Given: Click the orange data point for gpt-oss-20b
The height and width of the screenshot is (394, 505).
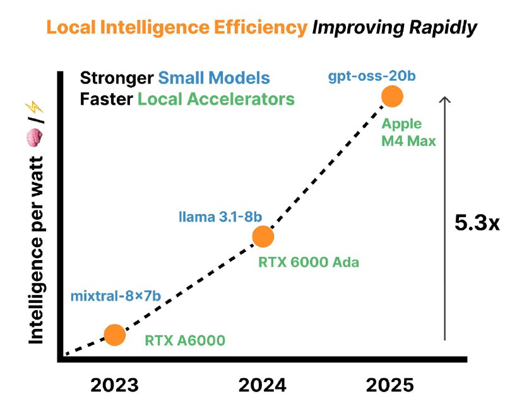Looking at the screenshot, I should click(x=393, y=97).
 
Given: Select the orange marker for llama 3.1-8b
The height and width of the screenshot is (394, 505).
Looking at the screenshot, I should click(x=263, y=236).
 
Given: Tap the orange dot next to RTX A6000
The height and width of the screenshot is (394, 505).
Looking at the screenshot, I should click(x=114, y=335).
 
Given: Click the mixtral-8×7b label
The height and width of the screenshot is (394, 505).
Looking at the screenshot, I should click(x=114, y=296).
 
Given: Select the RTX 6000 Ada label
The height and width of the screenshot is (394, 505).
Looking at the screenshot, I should click(x=309, y=261).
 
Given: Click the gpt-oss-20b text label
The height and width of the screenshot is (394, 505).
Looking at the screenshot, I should click(x=364, y=77).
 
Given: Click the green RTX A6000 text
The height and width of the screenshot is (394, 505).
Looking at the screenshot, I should click(x=185, y=340).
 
